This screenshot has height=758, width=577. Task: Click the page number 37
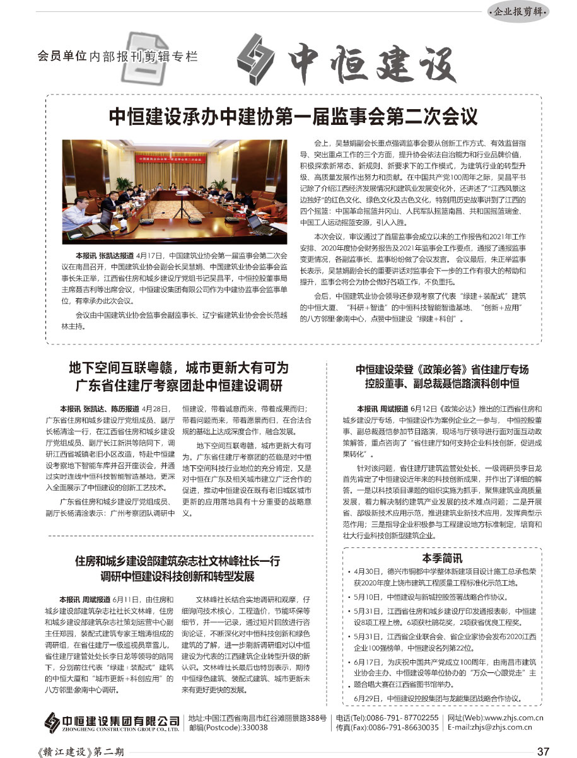point(543,750)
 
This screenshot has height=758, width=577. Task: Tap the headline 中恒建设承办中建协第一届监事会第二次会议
point(293,117)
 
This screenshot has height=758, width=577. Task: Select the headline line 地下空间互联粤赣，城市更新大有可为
point(178,368)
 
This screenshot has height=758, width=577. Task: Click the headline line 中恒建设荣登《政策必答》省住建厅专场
point(441,370)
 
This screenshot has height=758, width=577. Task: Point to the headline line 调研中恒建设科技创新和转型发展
point(178,576)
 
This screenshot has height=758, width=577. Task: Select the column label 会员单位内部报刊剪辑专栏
point(118,56)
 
